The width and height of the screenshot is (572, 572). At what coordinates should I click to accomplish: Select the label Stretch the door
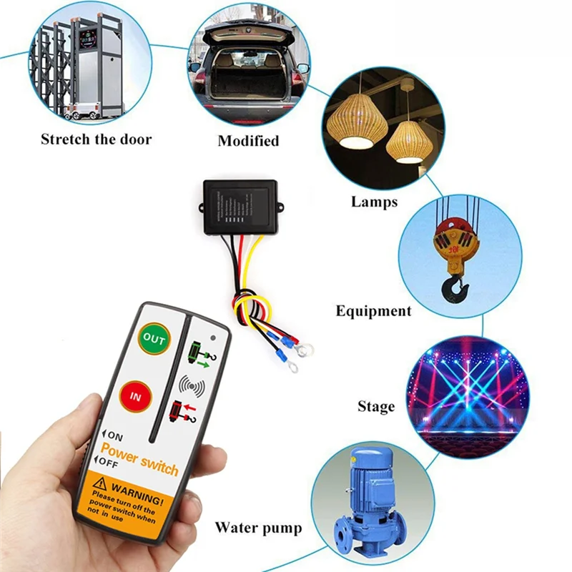[96, 139]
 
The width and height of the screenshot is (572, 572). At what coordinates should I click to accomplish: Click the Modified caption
[248, 141]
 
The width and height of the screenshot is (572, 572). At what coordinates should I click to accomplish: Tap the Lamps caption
[374, 202]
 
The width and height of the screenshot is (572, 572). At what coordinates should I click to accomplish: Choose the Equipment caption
[374, 311]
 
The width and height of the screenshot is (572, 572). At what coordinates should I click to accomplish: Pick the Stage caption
[376, 407]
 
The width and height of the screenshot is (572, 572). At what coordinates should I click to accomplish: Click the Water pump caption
[258, 529]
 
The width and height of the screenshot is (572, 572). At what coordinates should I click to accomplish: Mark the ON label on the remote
[115, 434]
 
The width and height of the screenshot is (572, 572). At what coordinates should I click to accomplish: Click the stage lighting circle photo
[468, 396]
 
